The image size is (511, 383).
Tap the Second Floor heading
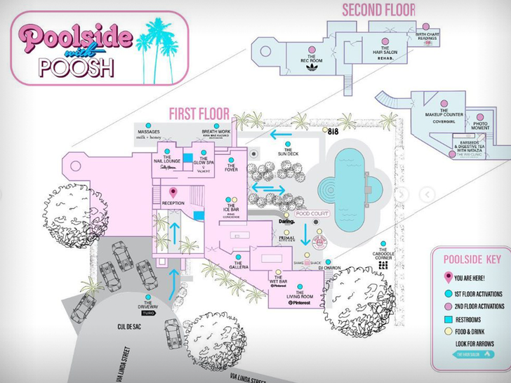pyautogui.click(x=378, y=10)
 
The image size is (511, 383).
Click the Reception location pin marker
pyautogui.click(x=173, y=191)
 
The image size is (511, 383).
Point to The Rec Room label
pyautogui.click(x=312, y=60)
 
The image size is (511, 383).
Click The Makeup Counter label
pyautogui.click(x=444, y=114)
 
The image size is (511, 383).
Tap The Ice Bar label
pyautogui.click(x=232, y=210)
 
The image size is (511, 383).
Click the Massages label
pyautogui.click(x=148, y=132)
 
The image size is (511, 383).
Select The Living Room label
pyautogui.click(x=300, y=297)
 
